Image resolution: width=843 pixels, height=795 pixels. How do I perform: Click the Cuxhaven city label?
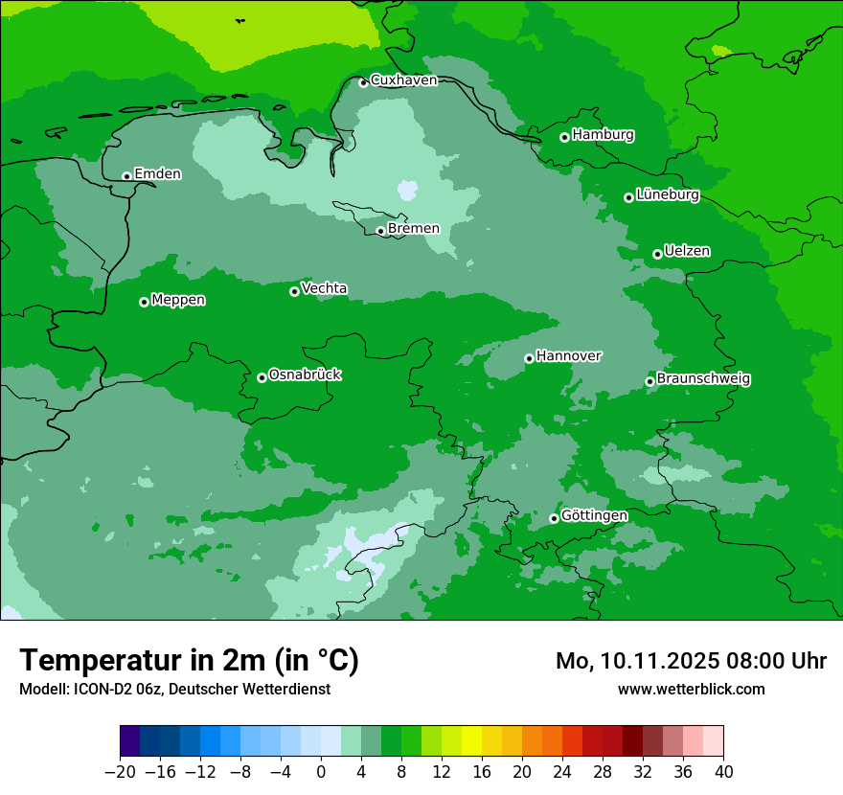tap(403, 80)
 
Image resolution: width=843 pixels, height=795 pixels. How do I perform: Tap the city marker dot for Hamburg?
tap(565, 137)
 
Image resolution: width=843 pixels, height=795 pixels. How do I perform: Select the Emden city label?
tap(157, 174)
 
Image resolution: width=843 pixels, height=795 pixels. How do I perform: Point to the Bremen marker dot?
tap(380, 231)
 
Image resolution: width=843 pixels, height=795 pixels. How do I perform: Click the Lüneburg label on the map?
tap(667, 195)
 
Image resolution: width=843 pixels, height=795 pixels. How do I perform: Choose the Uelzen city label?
tap(687, 252)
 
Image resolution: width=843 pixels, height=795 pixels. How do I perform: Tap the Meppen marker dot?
tap(144, 302)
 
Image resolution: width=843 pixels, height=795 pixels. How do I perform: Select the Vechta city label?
tap(324, 288)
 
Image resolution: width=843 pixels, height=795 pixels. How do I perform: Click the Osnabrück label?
tap(305, 375)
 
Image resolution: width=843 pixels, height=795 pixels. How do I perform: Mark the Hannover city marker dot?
tap(529, 358)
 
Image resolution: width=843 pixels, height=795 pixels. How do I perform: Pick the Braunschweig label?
tap(703, 379)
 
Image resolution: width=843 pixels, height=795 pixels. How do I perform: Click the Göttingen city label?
tap(594, 516)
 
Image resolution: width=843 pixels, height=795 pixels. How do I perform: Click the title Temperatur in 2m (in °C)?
tap(189, 660)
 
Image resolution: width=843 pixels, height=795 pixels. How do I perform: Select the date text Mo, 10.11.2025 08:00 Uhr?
tap(691, 661)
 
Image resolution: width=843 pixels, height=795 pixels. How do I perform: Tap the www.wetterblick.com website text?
tap(691, 689)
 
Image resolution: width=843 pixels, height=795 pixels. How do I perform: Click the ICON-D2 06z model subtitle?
tap(174, 689)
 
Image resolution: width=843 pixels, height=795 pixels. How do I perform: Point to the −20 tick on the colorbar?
tap(120, 771)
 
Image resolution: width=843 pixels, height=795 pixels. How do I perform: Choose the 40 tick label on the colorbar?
tap(723, 771)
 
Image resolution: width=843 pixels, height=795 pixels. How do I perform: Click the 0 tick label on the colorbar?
tap(321, 771)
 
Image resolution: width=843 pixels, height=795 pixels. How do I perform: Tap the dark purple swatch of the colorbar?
tap(129, 741)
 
